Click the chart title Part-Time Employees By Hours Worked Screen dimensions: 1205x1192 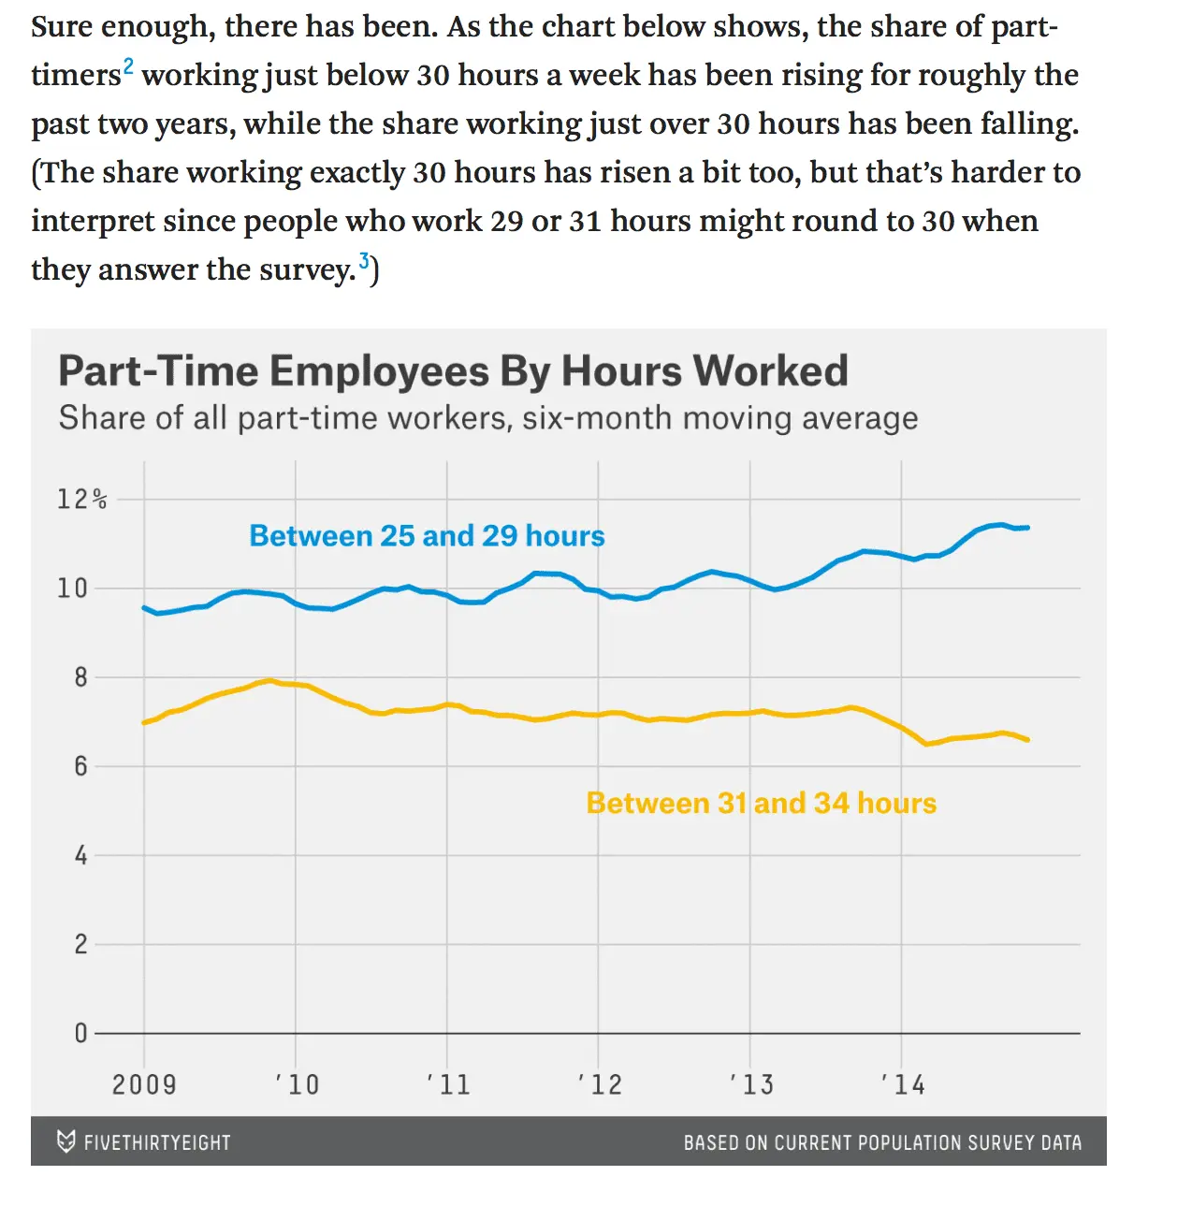point(453,371)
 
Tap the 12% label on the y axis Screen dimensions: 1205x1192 point(82,500)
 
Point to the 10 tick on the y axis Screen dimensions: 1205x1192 point(72,588)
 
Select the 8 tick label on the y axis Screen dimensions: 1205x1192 point(80,677)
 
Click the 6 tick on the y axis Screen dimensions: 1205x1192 point(80,766)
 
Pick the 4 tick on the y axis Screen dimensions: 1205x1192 point(80,855)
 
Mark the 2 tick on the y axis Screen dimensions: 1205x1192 point(80,944)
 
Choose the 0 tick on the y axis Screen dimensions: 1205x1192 point(80,1033)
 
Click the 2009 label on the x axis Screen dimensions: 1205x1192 point(144,1084)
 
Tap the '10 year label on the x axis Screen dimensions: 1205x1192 point(298,1084)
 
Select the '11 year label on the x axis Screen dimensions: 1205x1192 point(448,1084)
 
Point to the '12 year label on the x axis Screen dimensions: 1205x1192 point(600,1084)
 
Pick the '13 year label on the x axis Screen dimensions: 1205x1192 point(751,1084)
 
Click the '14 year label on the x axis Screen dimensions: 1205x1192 point(903,1084)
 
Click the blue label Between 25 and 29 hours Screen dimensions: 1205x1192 point(427,536)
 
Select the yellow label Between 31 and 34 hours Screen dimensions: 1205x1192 point(761,804)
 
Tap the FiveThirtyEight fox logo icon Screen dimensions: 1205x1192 point(65,1141)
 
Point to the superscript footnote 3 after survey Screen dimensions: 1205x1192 point(364,261)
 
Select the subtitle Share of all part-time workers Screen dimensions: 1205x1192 point(487,418)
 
